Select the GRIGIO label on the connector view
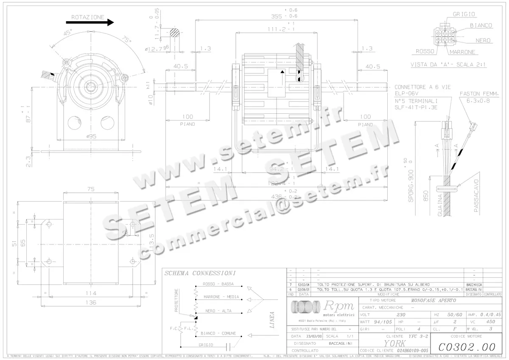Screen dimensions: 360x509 [x=464, y=14]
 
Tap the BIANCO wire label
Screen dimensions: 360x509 [x=481, y=25]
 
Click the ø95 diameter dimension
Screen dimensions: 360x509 [x=92, y=136]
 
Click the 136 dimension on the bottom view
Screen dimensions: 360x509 [x=90, y=303]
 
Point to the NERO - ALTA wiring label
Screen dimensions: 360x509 [x=218, y=311]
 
